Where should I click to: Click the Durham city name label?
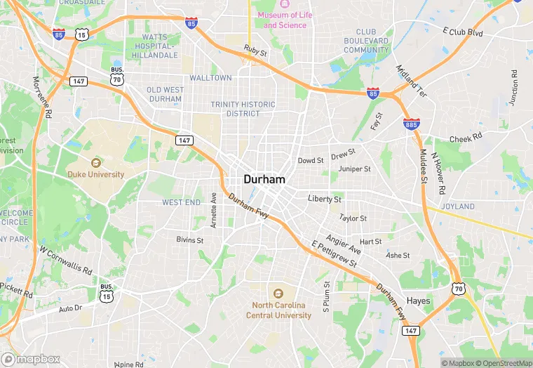point(264,179)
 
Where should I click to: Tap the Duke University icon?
point(96,163)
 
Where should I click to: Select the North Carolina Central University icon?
point(278,294)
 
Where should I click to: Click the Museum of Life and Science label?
point(282,20)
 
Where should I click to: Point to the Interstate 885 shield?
point(412,124)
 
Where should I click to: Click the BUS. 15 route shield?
point(107,296)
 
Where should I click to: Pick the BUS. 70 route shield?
point(116,79)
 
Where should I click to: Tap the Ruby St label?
point(255,52)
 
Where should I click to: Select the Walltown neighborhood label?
point(210,78)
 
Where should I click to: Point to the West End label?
point(181,202)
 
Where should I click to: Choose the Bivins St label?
point(189,240)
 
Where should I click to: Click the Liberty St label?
point(325,199)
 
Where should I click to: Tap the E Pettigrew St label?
point(334,254)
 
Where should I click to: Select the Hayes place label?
point(419,301)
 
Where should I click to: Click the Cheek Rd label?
point(466,138)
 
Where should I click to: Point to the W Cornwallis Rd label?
point(66,260)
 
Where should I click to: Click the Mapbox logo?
point(30,359)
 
